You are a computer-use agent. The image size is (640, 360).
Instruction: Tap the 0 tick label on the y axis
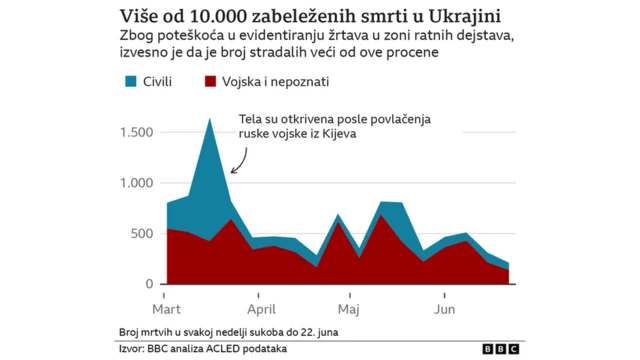point(150,284)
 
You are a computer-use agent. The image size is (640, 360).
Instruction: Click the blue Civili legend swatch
point(130,82)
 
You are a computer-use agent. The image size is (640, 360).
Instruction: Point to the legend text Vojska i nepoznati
point(276,82)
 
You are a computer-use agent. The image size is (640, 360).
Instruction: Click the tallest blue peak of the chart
point(210,120)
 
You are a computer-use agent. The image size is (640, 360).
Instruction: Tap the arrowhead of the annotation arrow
point(232,171)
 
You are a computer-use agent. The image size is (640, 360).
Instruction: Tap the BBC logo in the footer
point(501,349)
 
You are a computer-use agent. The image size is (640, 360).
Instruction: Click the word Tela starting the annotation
point(251,117)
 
